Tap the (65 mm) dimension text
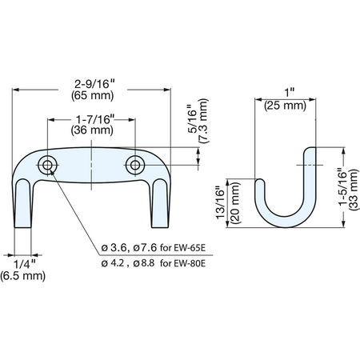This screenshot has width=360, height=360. click(93, 95)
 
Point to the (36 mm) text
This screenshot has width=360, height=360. click(92, 130)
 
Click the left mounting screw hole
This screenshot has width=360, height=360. click(47, 166)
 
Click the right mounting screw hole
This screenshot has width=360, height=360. click(135, 165)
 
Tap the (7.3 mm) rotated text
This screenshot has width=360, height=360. click(203, 121)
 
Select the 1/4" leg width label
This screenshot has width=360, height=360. click(24, 265)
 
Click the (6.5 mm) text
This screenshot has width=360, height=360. click(23, 276)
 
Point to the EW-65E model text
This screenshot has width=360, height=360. click(190, 248)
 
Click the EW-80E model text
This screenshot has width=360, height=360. click(190, 264)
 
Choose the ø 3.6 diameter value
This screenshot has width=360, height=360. click(114, 248)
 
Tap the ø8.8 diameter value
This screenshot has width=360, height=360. click(144, 263)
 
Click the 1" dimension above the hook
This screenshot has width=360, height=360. click(289, 93)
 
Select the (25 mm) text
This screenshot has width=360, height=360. click(285, 106)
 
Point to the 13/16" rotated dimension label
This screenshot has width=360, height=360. click(221, 202)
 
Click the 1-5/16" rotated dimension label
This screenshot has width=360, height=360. click(343, 188)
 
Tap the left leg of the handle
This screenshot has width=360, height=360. click(22, 203)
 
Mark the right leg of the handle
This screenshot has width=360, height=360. click(160, 203)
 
